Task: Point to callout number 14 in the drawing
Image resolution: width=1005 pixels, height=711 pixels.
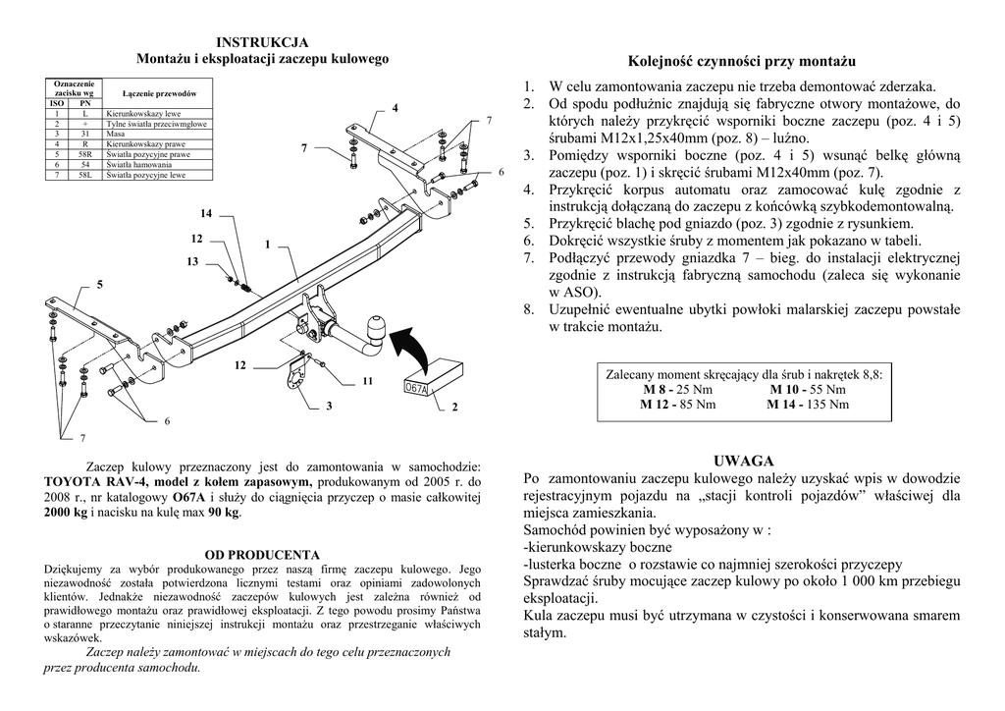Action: coord(205,213)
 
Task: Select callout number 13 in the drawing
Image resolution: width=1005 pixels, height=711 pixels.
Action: coord(192,262)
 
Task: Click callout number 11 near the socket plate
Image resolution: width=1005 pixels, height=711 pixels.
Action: coord(367,379)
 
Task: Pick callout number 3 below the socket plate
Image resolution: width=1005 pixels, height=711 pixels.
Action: coord(329,406)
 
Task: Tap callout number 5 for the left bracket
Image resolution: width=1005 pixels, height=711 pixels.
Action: coord(99,284)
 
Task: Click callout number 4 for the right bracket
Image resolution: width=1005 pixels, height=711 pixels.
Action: coord(396,106)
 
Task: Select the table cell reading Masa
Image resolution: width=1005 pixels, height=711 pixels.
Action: coord(116,134)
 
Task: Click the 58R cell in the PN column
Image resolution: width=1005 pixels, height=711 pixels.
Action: coord(85,154)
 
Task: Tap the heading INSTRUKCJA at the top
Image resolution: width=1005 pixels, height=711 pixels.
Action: coord(262,41)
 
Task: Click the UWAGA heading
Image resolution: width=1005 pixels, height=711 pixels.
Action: coord(743,460)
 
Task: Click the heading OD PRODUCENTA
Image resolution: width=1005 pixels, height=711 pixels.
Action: coord(262,555)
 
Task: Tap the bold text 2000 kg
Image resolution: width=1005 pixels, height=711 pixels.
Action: coord(66,512)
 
